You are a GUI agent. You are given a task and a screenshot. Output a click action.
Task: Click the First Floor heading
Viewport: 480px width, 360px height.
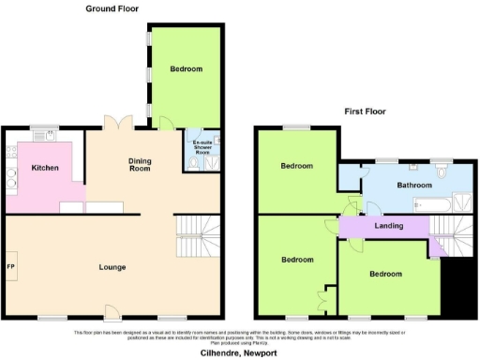[x=366, y=111]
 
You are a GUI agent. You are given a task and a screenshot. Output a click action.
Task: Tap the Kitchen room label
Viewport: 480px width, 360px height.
[x=45, y=168]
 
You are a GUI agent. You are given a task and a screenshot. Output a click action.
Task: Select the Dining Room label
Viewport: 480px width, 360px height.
[x=140, y=165]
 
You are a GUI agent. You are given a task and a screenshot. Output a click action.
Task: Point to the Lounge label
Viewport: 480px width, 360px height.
[x=113, y=266]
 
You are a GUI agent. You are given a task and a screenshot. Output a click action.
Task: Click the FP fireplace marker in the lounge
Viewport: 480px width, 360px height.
[x=10, y=266]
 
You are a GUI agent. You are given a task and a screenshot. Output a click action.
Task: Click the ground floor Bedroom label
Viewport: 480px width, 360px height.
[x=186, y=69]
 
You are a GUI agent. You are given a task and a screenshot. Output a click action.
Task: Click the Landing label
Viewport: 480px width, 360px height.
[x=389, y=227]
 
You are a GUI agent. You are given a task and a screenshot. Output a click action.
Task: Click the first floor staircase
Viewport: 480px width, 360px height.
[x=448, y=231]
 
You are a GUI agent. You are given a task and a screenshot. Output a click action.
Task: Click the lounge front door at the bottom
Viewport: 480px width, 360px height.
[x=112, y=314]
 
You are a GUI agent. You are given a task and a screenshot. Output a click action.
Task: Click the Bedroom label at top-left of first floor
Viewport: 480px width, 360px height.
[x=296, y=166]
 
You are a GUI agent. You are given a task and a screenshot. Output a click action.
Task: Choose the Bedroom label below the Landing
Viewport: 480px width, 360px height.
[x=386, y=274]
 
